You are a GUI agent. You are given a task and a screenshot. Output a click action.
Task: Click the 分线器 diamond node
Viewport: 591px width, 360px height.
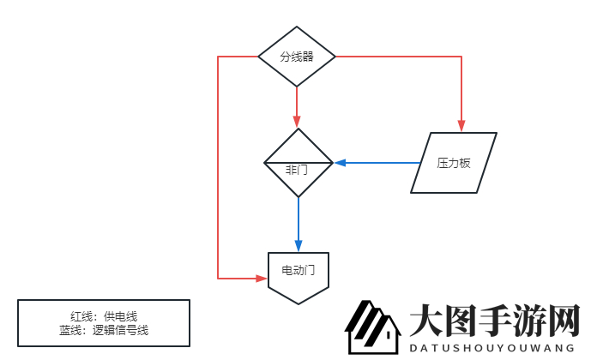click(x=297, y=57)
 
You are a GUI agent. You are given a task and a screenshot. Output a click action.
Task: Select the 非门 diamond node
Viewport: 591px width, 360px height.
click(x=298, y=163)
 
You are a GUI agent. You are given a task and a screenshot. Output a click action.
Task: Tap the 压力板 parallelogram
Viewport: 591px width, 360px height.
click(x=454, y=163)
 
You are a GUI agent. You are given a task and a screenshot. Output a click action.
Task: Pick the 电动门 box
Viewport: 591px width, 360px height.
click(x=299, y=276)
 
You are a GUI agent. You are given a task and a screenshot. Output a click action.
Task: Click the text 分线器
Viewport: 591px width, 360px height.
click(x=297, y=57)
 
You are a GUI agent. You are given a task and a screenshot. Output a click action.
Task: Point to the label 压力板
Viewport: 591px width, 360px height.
click(x=454, y=163)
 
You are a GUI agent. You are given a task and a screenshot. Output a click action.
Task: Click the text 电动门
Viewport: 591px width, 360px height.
click(x=298, y=270)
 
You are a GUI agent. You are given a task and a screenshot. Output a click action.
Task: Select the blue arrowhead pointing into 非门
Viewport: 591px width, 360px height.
click(x=340, y=162)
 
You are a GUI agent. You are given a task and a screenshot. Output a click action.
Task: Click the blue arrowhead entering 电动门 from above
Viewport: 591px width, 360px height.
click(x=298, y=246)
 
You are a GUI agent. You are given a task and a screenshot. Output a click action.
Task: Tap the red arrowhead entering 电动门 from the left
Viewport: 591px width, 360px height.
click(x=262, y=279)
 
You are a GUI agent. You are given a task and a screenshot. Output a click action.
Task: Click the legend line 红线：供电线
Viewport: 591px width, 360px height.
click(x=104, y=315)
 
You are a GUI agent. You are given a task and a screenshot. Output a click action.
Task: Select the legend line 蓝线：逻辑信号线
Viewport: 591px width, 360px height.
click(x=104, y=329)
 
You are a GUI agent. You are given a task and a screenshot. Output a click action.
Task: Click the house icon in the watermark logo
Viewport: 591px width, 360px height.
click(x=372, y=328)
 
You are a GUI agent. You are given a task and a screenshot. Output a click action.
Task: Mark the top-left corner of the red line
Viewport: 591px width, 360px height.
click(x=219, y=57)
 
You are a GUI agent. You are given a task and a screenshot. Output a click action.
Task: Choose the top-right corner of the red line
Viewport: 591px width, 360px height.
click(x=461, y=57)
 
